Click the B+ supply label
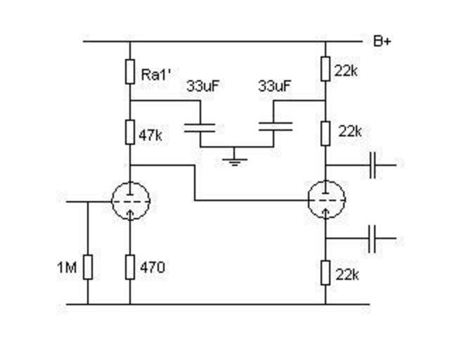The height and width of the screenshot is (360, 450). coord(382,41)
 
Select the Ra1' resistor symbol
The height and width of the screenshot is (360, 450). coord(130,72)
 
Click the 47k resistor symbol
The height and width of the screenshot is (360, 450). coord(130,131)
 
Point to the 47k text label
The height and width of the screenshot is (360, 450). coord(151,134)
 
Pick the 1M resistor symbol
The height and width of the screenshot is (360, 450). coord(88,268)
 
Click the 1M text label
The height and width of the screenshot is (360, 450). coord(67,268)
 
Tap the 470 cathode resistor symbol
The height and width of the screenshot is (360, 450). coord(130,268)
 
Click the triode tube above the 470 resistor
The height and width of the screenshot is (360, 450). coord(130,201)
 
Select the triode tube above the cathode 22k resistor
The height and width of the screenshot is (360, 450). coord(326,200)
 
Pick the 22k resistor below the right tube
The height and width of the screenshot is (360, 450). coord(326,272)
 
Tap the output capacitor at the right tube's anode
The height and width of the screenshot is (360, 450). coord(374,165)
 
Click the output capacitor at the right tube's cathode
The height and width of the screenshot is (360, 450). coord(374,239)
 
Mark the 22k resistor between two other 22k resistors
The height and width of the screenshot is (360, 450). coord(326,131)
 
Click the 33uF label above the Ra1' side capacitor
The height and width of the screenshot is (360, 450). coord(200,87)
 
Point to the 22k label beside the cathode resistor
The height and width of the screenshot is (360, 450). coord(349,274)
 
